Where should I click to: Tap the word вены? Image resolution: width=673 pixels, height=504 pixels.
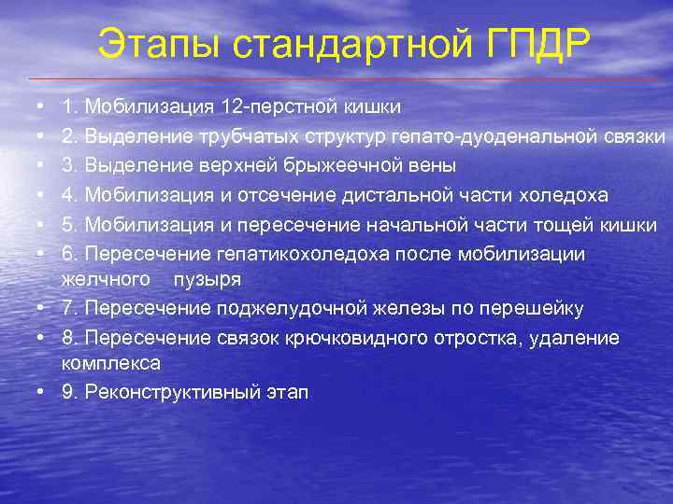434,166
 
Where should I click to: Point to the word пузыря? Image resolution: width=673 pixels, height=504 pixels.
213,279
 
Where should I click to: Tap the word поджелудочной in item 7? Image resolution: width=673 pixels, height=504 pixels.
300,308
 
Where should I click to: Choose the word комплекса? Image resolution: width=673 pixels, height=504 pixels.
110,362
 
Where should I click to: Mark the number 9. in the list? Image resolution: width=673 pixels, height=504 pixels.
70,391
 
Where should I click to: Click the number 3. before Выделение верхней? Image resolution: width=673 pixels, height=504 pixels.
70,166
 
